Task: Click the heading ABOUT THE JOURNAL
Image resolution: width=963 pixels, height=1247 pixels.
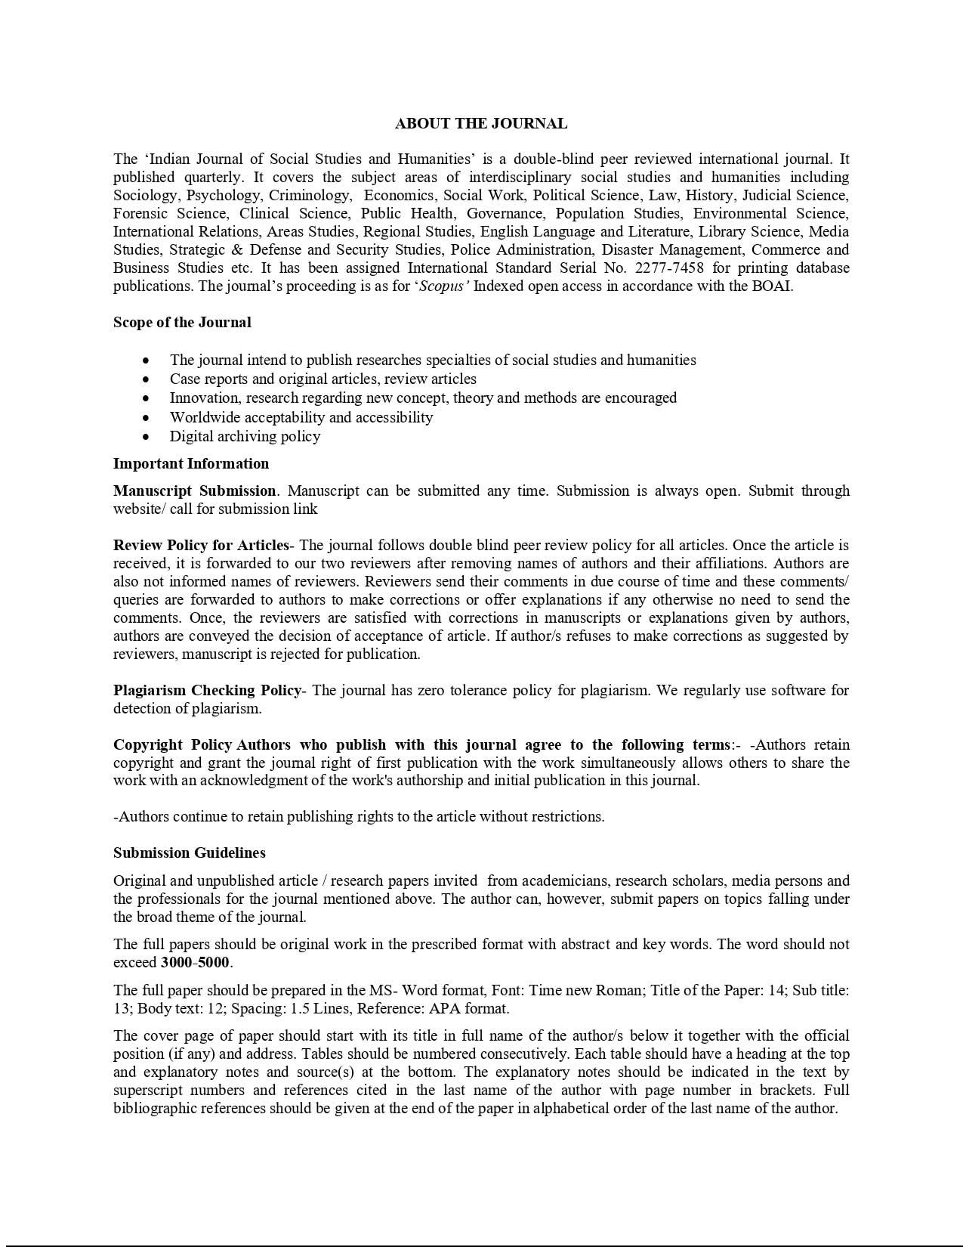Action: point(481,123)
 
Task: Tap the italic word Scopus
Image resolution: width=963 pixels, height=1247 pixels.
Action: point(443,286)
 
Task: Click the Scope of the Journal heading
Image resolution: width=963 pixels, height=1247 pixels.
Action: point(182,322)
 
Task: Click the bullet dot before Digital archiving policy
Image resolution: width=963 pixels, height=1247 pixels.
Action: point(146,437)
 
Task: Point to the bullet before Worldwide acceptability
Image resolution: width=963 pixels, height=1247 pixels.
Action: point(146,418)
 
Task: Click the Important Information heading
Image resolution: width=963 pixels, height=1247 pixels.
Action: point(191,463)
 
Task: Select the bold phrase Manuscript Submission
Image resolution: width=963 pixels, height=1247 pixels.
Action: point(194,490)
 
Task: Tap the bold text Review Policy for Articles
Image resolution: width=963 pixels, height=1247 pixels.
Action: point(201,545)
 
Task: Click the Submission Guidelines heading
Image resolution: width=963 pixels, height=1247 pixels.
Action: point(190,852)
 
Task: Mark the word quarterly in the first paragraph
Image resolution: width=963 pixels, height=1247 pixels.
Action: point(214,177)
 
